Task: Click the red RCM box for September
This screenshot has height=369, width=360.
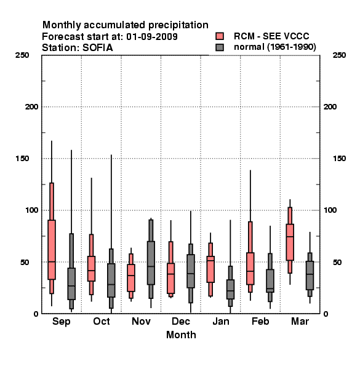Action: click(52, 250)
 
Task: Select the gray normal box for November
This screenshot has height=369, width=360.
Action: click(151, 263)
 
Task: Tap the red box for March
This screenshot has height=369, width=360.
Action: click(290, 242)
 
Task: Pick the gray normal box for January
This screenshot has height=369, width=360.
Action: click(230, 289)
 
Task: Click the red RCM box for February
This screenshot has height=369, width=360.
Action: click(250, 269)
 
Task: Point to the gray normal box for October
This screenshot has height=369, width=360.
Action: click(111, 280)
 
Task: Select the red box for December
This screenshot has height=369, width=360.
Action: click(170, 279)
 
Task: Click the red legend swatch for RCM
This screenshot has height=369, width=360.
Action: click(220, 36)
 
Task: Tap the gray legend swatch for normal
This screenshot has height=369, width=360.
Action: click(220, 47)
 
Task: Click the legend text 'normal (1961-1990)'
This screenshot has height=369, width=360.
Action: click(274, 47)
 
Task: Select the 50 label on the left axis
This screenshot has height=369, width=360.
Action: click(25, 262)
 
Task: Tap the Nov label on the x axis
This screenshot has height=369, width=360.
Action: click(141, 321)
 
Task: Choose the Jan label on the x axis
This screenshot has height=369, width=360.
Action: click(220, 321)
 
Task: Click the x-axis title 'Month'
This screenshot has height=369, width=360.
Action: click(181, 335)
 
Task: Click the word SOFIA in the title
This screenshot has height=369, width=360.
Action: click(98, 48)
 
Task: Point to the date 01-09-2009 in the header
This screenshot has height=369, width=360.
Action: click(152, 36)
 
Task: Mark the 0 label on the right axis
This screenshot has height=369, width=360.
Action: click(326, 314)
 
